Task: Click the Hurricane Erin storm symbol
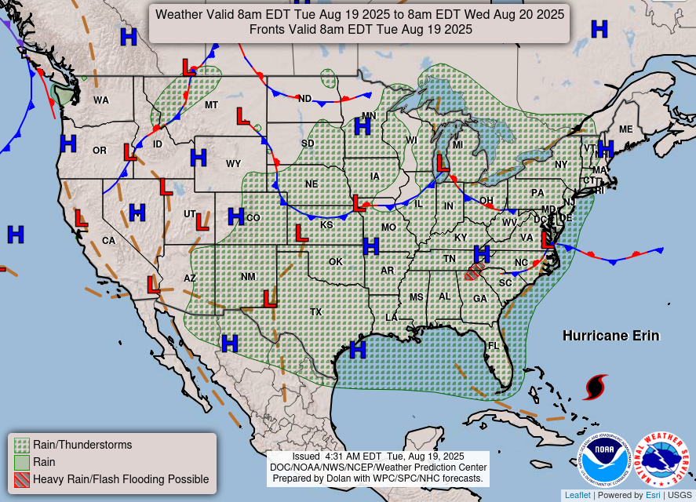click(596, 387)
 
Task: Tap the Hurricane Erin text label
click(610, 336)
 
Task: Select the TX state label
click(315, 312)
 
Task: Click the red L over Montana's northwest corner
click(189, 67)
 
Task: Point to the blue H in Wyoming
click(199, 158)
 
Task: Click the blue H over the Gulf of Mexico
click(358, 349)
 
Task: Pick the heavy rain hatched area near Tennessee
click(472, 272)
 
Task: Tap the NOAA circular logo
click(606, 459)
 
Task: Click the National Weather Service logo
click(662, 459)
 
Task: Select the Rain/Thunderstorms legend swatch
click(22, 445)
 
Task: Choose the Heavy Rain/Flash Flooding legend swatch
click(22, 479)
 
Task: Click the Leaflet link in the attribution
click(578, 495)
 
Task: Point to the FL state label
click(494, 346)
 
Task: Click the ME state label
click(625, 129)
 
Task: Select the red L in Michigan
click(443, 163)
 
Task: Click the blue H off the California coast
click(15, 234)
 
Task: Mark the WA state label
click(101, 100)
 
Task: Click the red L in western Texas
click(271, 299)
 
